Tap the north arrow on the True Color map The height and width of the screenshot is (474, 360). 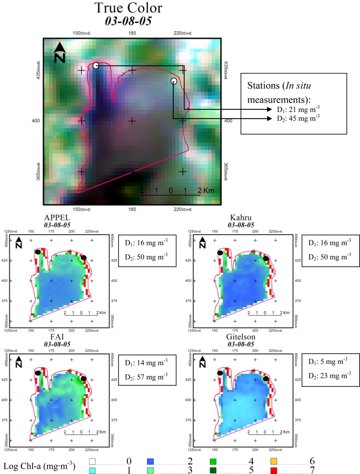[x=59, y=53]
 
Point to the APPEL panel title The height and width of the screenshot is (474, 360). [x=55, y=219]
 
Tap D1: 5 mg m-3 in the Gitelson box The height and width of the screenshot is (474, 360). [x=326, y=362]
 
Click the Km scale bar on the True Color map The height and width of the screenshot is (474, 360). [x=171, y=194]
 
